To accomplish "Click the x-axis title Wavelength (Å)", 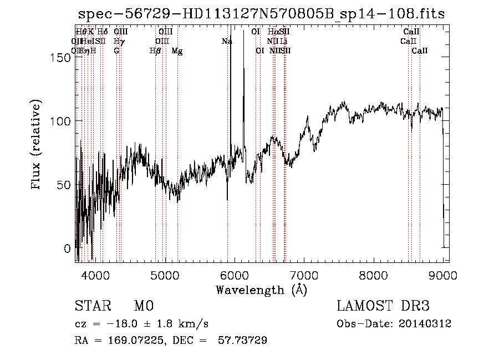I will [x=261, y=290].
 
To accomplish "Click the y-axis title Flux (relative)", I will [x=37, y=145].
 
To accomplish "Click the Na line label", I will [x=227, y=41].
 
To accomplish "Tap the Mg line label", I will [x=177, y=50].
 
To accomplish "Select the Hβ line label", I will [x=156, y=50].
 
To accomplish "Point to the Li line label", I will [x=283, y=41].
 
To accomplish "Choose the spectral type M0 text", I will [x=143, y=307].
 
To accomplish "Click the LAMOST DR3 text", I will [x=383, y=307].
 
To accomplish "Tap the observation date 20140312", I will [x=425, y=324].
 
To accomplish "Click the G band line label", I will [x=116, y=50].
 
